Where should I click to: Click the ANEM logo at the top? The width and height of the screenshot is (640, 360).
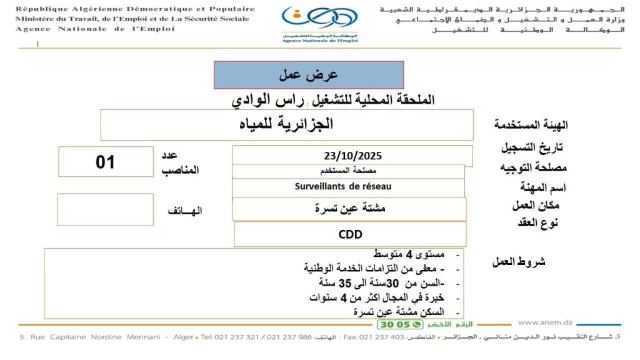click(x=311, y=24)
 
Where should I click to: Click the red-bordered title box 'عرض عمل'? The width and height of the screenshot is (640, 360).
click(x=309, y=75)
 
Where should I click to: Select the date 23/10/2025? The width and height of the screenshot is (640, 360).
click(x=352, y=156)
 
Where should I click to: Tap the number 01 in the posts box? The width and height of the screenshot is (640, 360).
click(x=106, y=162)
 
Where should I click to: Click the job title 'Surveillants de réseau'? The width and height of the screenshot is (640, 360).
click(x=343, y=186)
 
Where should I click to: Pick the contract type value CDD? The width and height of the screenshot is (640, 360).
click(x=350, y=234)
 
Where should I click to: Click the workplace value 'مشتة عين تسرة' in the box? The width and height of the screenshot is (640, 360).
click(x=350, y=209)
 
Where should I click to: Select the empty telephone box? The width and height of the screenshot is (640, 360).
click(x=105, y=210)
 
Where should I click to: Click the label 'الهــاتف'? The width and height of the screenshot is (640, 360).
click(x=185, y=211)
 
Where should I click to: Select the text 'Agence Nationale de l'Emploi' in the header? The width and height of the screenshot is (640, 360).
click(x=94, y=29)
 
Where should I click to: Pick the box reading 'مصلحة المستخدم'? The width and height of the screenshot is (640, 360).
click(x=348, y=171)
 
